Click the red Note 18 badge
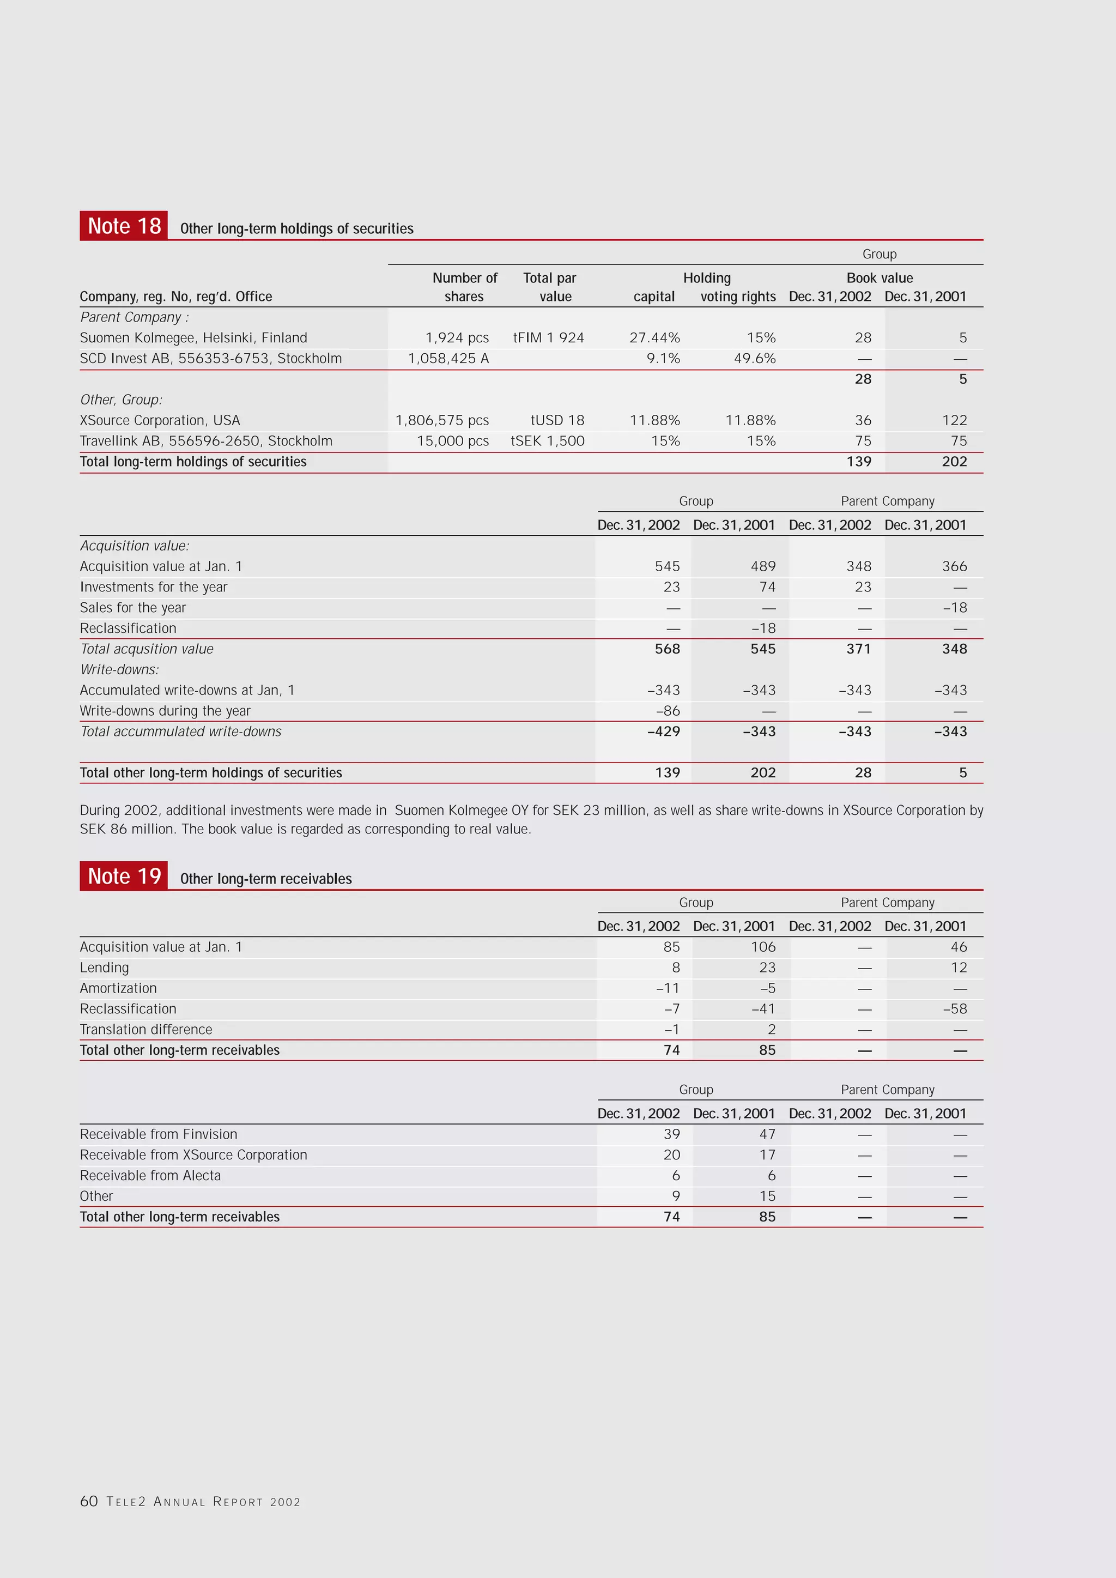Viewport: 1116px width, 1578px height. [124, 226]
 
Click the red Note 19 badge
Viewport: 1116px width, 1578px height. [124, 876]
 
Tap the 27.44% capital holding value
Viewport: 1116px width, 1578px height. [654, 337]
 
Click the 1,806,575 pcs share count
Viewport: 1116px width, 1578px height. [442, 420]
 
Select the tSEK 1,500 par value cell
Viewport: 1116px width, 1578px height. [547, 440]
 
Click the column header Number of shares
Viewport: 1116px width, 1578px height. [464, 287]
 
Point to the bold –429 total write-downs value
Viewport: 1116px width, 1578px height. [663, 731]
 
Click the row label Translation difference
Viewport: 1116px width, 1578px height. [145, 1030]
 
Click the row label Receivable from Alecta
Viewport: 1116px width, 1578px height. [150, 1176]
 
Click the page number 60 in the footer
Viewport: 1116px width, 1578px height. [89, 1501]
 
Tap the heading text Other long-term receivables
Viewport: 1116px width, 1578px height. [265, 879]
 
